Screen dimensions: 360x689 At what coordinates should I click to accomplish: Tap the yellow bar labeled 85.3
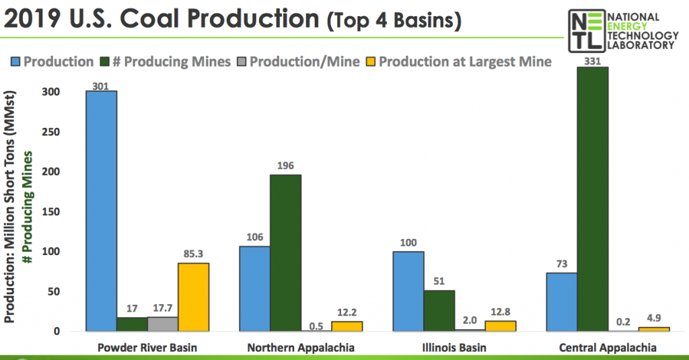(x=193, y=297)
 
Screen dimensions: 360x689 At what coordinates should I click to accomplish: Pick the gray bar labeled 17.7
(x=162, y=324)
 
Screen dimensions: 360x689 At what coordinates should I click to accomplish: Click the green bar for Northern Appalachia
(x=285, y=252)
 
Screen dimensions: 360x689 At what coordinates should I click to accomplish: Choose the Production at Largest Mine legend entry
(x=458, y=62)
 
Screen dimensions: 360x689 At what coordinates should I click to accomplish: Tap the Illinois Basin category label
(x=439, y=347)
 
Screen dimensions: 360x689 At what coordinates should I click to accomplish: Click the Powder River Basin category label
(x=147, y=347)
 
